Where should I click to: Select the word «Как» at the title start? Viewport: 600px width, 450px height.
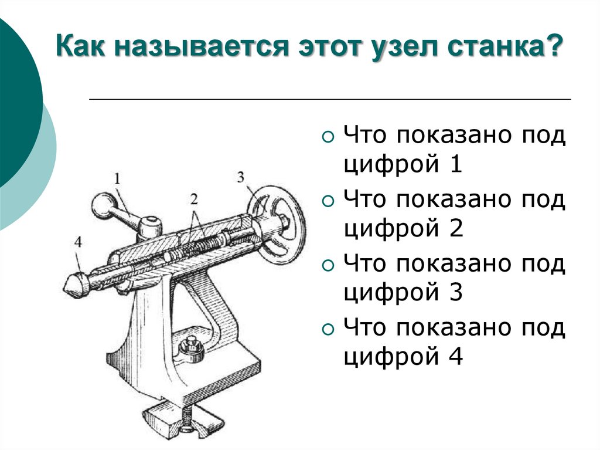(x=84, y=46)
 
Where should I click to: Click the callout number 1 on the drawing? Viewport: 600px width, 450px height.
(x=116, y=177)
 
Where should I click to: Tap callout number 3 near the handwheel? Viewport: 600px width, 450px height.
(x=241, y=177)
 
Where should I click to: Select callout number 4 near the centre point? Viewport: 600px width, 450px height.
(x=79, y=242)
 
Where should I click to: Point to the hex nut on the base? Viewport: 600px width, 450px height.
(x=191, y=349)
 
